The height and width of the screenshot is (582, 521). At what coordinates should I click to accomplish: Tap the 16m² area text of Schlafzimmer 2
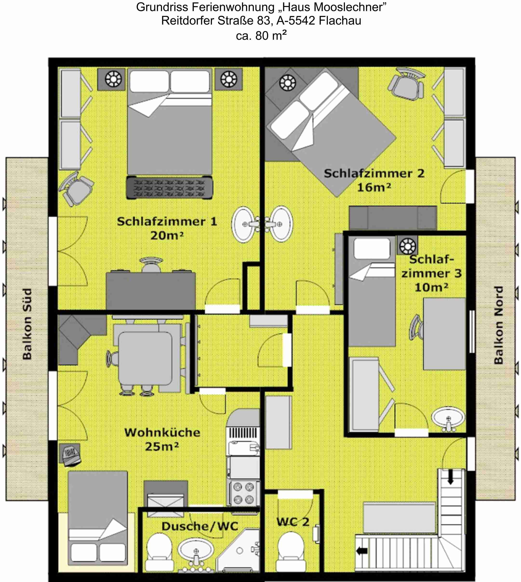pyautogui.click(x=374, y=187)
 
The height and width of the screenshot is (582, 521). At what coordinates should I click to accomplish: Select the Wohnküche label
pyautogui.click(x=162, y=432)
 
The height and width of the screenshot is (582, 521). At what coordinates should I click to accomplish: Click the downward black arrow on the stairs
pyautogui.click(x=451, y=477)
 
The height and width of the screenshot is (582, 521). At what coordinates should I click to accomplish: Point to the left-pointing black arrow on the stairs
pyautogui.click(x=362, y=550)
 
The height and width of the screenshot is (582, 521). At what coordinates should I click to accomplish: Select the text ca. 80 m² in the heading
pyautogui.click(x=261, y=35)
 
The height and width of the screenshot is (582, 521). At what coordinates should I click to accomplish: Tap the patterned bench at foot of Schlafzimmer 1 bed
pyautogui.click(x=169, y=187)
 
